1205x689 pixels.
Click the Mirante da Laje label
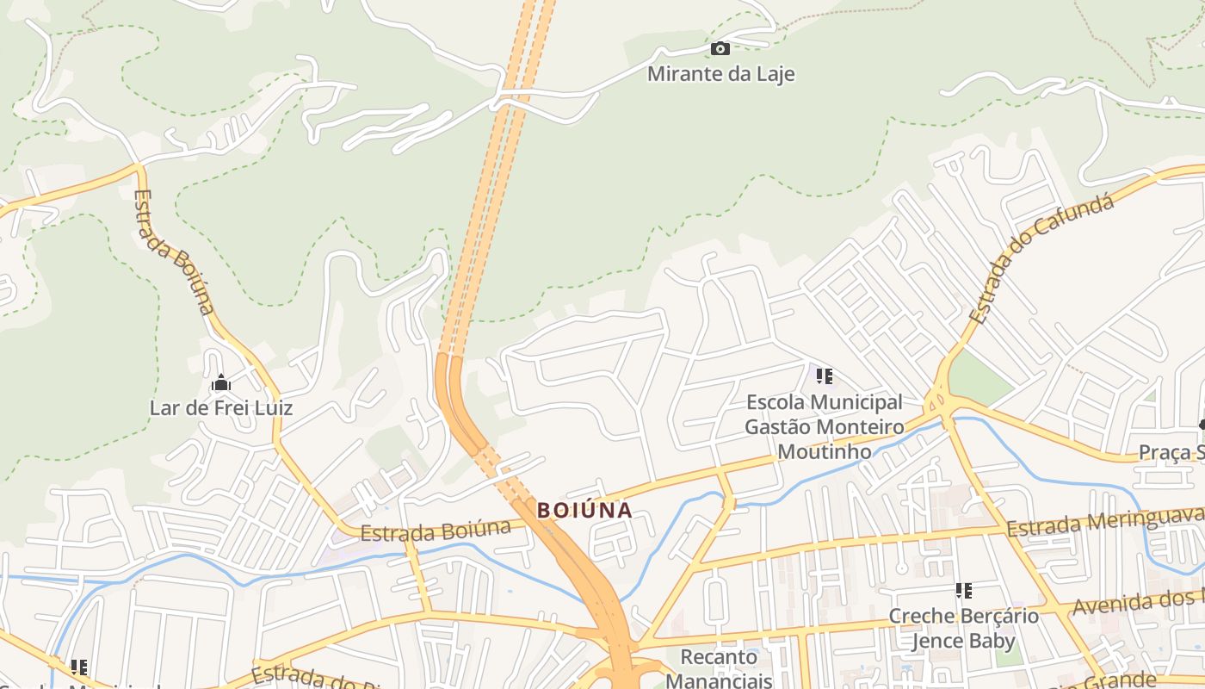coord(720,74)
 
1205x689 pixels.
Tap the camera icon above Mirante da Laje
coord(720,48)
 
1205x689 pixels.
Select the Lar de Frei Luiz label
coord(221,407)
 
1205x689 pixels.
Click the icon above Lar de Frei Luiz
coord(221,382)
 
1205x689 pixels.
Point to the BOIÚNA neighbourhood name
coord(584,510)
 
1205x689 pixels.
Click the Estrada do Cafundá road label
coord(1041,258)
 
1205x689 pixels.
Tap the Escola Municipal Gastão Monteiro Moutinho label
coord(824,426)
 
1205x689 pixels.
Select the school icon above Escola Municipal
coord(825,376)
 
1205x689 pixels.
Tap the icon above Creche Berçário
coord(964,591)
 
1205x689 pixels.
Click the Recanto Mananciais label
coord(720,669)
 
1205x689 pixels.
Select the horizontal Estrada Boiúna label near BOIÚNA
coord(436,531)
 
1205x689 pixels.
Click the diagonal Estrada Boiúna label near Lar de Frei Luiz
coord(175,251)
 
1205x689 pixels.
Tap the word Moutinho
coord(824,450)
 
